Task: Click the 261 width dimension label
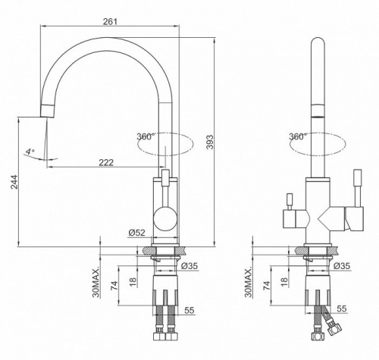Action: click(x=110, y=21)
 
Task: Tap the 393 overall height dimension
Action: click(x=210, y=142)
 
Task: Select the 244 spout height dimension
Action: click(x=14, y=182)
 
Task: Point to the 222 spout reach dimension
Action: click(x=106, y=162)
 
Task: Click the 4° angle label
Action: click(x=30, y=152)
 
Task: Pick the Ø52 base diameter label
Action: click(x=136, y=233)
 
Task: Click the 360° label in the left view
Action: click(x=146, y=136)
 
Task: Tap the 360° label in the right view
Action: click(x=298, y=136)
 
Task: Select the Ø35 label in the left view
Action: click(x=189, y=266)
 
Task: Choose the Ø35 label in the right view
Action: click(x=342, y=266)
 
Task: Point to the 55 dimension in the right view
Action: click(x=342, y=308)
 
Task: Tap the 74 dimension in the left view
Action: click(x=114, y=285)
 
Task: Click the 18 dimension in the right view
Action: click(x=284, y=282)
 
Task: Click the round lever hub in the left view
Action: click(x=165, y=219)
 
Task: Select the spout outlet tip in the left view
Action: click(x=48, y=111)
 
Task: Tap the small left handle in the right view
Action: click(x=290, y=202)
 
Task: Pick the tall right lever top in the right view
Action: click(x=359, y=174)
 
